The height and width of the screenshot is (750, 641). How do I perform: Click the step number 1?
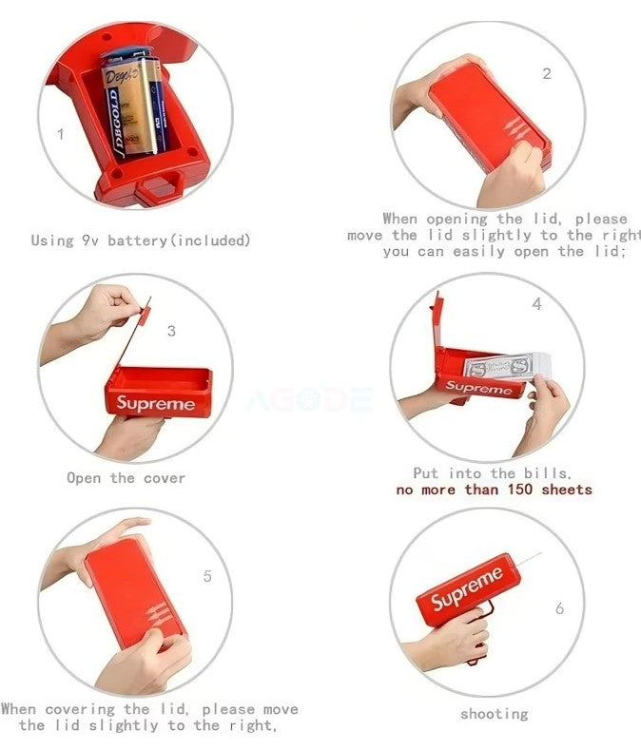(x=61, y=134)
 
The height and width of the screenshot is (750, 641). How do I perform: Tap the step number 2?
(x=546, y=74)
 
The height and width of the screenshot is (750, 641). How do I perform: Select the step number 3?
(x=171, y=331)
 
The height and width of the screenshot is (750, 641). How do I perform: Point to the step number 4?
(x=537, y=304)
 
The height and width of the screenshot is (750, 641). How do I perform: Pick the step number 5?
(x=207, y=576)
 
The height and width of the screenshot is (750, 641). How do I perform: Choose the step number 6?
(x=559, y=608)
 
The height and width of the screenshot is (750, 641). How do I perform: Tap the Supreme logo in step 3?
(x=156, y=403)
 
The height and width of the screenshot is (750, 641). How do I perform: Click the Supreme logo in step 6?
(x=467, y=588)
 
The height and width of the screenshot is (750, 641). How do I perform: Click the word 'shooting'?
(x=495, y=714)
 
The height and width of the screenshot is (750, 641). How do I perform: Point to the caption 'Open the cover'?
(x=126, y=477)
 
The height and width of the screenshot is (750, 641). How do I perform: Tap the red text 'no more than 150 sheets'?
(x=494, y=490)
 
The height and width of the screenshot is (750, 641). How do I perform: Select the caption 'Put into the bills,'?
(x=493, y=472)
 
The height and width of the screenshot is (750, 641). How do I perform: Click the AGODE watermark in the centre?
(x=309, y=400)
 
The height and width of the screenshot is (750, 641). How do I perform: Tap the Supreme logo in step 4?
(x=478, y=388)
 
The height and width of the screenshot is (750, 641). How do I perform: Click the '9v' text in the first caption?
(x=91, y=240)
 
